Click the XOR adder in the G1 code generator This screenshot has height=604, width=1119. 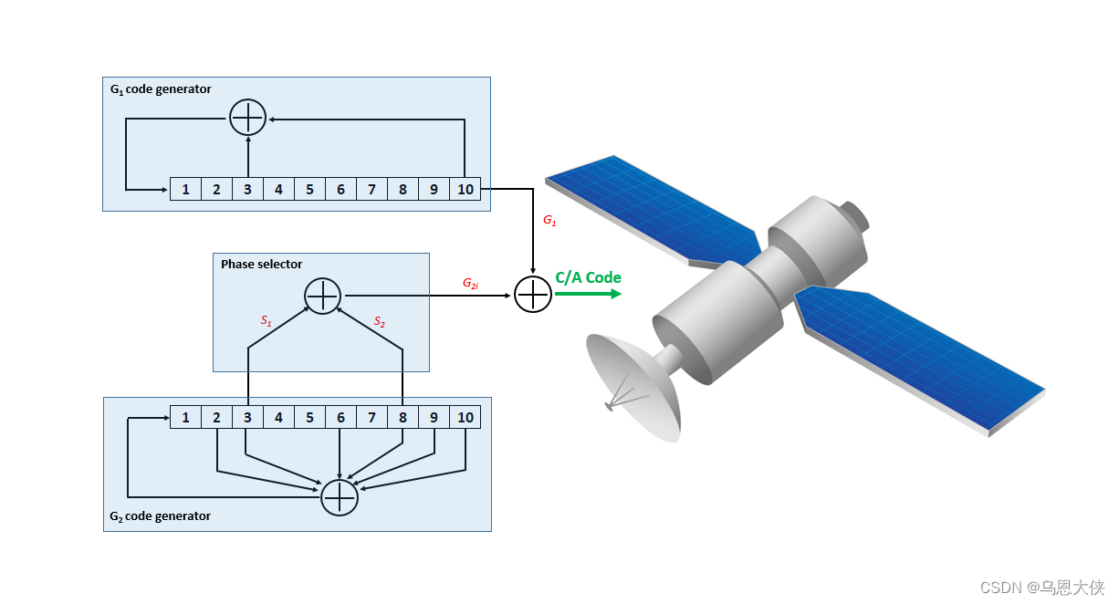pyautogui.click(x=247, y=117)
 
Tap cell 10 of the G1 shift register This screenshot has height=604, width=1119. pyautogui.click(x=465, y=189)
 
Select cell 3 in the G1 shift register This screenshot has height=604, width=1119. pyautogui.click(x=247, y=189)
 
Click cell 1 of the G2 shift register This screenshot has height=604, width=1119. pyautogui.click(x=185, y=417)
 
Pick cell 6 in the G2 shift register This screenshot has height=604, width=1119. pyautogui.click(x=340, y=417)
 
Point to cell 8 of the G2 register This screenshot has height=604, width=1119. pyautogui.click(x=403, y=417)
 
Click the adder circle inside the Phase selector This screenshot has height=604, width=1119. pyautogui.click(x=322, y=296)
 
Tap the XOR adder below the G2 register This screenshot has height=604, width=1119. pyautogui.click(x=340, y=497)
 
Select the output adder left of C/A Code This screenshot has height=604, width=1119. pyautogui.click(x=533, y=294)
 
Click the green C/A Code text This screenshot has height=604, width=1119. pyautogui.click(x=588, y=277)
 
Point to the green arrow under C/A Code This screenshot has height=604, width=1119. pyautogui.click(x=588, y=294)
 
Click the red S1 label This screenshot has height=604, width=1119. pyautogui.click(x=267, y=321)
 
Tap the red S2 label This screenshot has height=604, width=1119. pyautogui.click(x=380, y=321)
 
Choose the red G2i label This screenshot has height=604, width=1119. pyautogui.click(x=471, y=284)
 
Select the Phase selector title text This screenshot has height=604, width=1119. pyautogui.click(x=261, y=265)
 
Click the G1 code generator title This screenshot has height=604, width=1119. pyautogui.click(x=161, y=89)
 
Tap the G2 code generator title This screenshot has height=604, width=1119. pyautogui.click(x=161, y=516)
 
